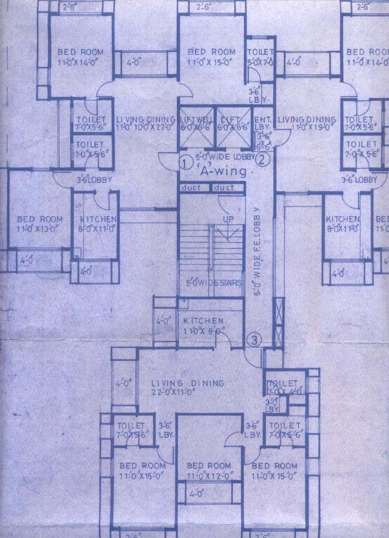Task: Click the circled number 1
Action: tap(185, 162)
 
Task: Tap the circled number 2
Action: tap(262, 159)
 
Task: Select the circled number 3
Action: tap(254, 341)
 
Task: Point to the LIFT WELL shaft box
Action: tap(196, 127)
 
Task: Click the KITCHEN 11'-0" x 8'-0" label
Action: tap(203, 325)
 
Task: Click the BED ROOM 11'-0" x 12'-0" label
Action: tap(208, 471)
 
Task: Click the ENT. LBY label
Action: tap(263, 125)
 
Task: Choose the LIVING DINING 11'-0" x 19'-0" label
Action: tap(307, 123)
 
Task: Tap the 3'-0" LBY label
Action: tap(272, 404)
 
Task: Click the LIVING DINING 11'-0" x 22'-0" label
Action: tap(145, 123)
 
